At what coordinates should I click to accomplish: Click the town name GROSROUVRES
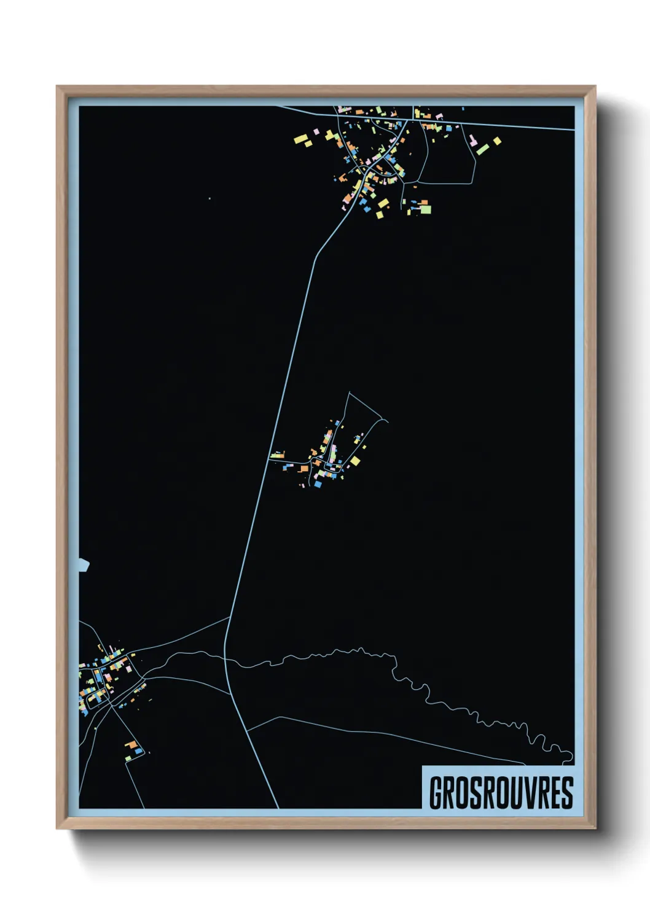tap(501, 793)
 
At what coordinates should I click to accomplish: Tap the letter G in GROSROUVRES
tap(437, 793)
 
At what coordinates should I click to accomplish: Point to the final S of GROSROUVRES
tap(566, 793)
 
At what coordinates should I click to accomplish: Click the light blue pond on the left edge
tap(84, 566)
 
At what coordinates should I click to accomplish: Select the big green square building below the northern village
tap(425, 209)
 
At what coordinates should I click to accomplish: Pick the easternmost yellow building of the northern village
tap(497, 141)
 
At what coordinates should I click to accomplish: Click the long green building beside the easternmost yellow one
tap(482, 149)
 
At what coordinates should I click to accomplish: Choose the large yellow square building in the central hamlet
tap(355, 461)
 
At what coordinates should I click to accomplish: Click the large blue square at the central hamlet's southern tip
tap(318, 483)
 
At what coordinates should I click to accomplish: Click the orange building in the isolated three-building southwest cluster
tap(131, 745)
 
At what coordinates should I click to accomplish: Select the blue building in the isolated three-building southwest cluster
tap(139, 751)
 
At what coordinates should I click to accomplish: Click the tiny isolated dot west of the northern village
tap(209, 198)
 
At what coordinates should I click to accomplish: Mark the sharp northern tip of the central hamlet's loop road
tap(349, 392)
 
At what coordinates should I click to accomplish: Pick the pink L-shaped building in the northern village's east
tap(472, 141)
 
